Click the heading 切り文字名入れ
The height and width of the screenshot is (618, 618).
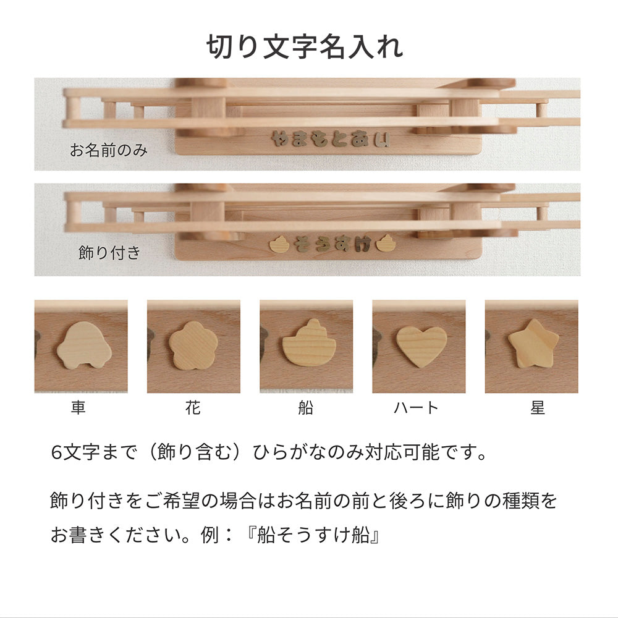pyautogui.click(x=305, y=47)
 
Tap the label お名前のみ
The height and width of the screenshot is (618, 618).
pyautogui.click(x=109, y=150)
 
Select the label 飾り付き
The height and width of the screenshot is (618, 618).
pyautogui.click(x=109, y=253)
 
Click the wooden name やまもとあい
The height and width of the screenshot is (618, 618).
pyautogui.click(x=331, y=139)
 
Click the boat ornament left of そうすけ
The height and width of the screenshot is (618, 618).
pyautogui.click(x=279, y=244)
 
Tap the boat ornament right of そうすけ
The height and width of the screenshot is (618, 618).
pyautogui.click(x=386, y=243)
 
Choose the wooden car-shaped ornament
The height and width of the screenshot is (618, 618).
pyautogui.click(x=84, y=345)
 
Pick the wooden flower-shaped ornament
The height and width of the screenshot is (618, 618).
pyautogui.click(x=193, y=345)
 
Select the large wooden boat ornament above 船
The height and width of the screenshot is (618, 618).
pyautogui.click(x=309, y=343)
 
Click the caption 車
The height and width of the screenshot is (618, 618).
pyautogui.click(x=78, y=407)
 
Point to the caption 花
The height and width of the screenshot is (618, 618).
pyautogui.click(x=193, y=407)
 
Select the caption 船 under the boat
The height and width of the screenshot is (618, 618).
pyautogui.click(x=306, y=407)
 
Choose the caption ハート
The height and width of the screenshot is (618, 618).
pyautogui.click(x=416, y=407)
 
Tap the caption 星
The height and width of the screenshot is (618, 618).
pyautogui.click(x=538, y=407)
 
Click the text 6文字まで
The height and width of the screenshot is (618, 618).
pyautogui.click(x=94, y=452)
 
